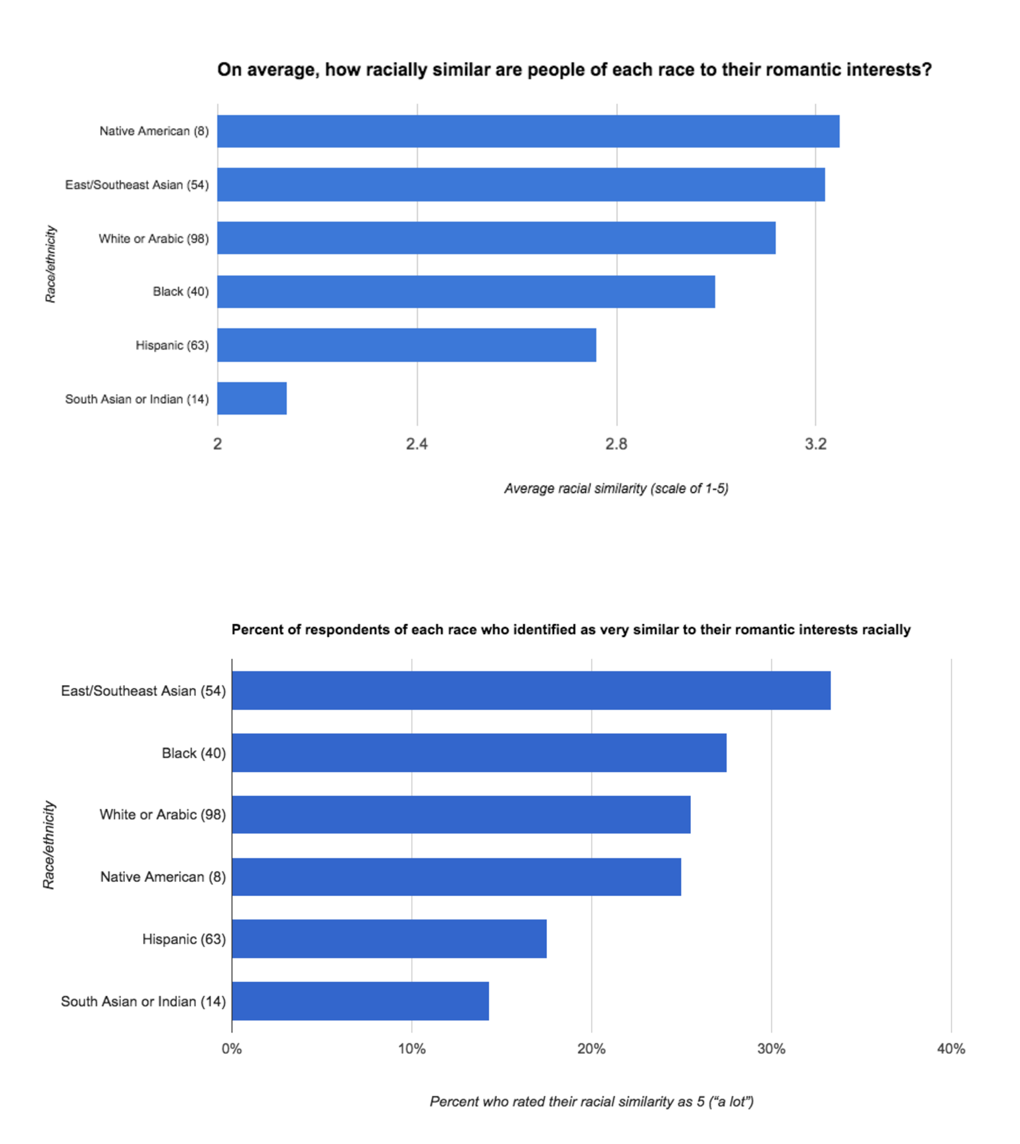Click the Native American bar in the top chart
pyautogui.click(x=528, y=131)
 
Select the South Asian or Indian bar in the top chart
pyautogui.click(x=252, y=398)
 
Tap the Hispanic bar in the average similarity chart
pyautogui.click(x=407, y=345)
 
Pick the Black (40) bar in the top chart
pyautogui.click(x=466, y=292)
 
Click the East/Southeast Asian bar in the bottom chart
pyautogui.click(x=530, y=690)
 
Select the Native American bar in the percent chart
pyautogui.click(x=456, y=877)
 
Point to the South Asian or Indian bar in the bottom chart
pyautogui.click(x=360, y=1001)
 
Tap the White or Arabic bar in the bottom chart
pyautogui.click(x=461, y=814)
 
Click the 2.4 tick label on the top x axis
pyautogui.click(x=417, y=444)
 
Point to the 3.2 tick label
pyautogui.click(x=815, y=444)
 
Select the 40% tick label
pyautogui.click(x=951, y=1049)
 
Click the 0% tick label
pyautogui.click(x=232, y=1049)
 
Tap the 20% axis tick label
pyautogui.click(x=591, y=1049)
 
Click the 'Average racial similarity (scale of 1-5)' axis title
pyautogui.click(x=616, y=488)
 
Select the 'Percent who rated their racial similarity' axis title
pyautogui.click(x=591, y=1101)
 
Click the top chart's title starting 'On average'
pyautogui.click(x=574, y=70)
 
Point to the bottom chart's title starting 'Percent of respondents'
pyautogui.click(x=571, y=629)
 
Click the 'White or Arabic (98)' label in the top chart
pyautogui.click(x=153, y=238)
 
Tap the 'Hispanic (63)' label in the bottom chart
pyautogui.click(x=184, y=939)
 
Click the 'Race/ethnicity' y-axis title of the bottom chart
pyautogui.click(x=49, y=845)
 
